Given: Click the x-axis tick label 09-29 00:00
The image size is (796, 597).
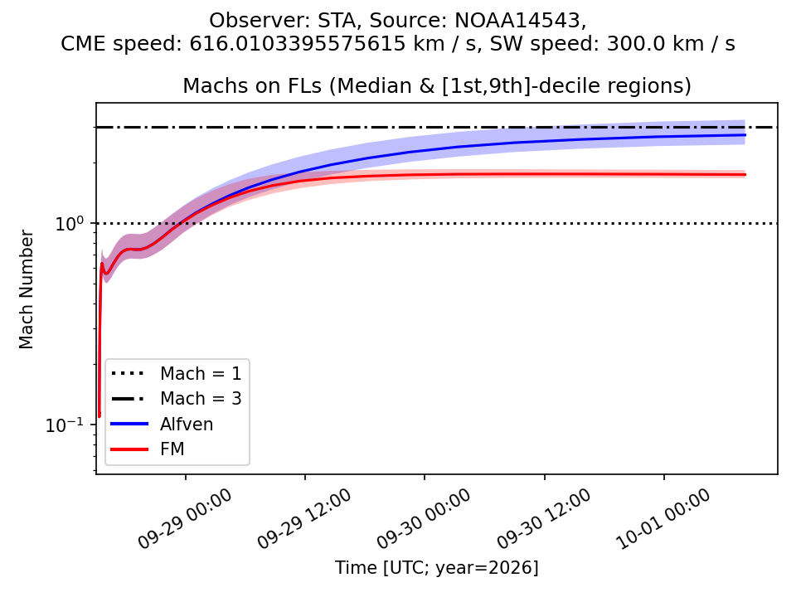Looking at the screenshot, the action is coord(185,519).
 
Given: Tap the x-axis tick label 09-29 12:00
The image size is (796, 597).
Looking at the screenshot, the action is coord(304,519).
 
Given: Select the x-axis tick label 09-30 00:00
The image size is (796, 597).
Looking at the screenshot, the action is coord(424,519).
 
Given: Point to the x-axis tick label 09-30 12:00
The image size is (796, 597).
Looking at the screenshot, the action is coord(544,519).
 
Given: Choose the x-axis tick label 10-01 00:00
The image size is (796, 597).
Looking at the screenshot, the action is coord(663,519).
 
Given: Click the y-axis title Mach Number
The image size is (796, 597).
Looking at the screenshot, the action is coord(26,289).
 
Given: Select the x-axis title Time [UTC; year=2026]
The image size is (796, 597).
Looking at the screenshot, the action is coord(437,567).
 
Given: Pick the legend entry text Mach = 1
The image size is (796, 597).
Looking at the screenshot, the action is coord(201,374).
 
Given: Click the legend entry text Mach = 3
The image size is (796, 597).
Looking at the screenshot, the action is coord(201,399).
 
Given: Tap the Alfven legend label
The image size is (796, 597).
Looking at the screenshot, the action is coord(187,424).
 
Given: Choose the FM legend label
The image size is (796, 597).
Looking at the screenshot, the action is coord(172,449).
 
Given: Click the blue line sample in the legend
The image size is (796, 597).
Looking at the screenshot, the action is coord(129,424).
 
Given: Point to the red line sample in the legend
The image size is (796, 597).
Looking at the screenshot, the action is coord(129,449).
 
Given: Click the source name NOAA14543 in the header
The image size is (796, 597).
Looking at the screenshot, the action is coord(517,21).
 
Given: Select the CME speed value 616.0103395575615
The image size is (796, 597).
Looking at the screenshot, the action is coord(299,44).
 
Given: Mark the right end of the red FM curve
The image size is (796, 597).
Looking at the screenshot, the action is coord(745,175).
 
